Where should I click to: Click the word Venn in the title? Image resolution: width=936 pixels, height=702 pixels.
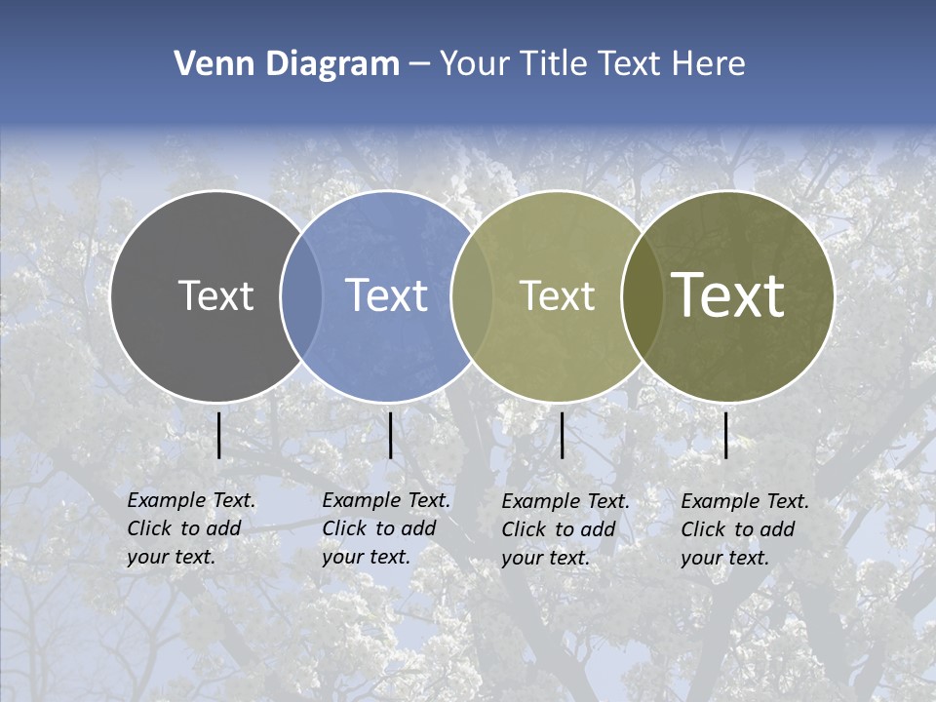[207, 64]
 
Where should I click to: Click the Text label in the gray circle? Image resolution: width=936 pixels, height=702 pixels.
[215, 295]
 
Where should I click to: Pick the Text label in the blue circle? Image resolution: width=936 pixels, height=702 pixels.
[387, 295]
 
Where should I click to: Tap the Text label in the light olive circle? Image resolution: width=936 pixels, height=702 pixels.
[557, 295]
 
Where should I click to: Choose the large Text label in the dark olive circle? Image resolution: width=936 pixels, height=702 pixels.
[728, 295]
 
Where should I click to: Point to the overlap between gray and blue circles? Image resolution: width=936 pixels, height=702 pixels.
[301, 295]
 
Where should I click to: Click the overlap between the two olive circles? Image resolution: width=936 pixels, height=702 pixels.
[642, 295]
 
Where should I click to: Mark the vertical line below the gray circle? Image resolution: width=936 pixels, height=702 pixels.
[219, 435]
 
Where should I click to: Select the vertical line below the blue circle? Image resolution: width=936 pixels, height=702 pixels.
[390, 435]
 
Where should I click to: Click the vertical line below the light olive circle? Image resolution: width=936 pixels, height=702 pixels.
[563, 435]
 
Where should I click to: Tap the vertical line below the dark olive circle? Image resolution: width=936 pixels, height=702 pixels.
[725, 435]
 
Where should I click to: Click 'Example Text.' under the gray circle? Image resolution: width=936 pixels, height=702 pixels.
[191, 500]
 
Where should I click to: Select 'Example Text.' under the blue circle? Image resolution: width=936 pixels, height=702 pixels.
[386, 500]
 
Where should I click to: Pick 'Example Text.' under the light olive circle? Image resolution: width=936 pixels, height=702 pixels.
[565, 501]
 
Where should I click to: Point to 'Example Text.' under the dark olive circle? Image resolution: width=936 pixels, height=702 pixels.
[745, 501]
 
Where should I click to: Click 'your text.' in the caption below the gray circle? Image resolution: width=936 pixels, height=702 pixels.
[171, 558]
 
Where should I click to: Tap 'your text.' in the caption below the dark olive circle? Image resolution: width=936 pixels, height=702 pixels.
[724, 559]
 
